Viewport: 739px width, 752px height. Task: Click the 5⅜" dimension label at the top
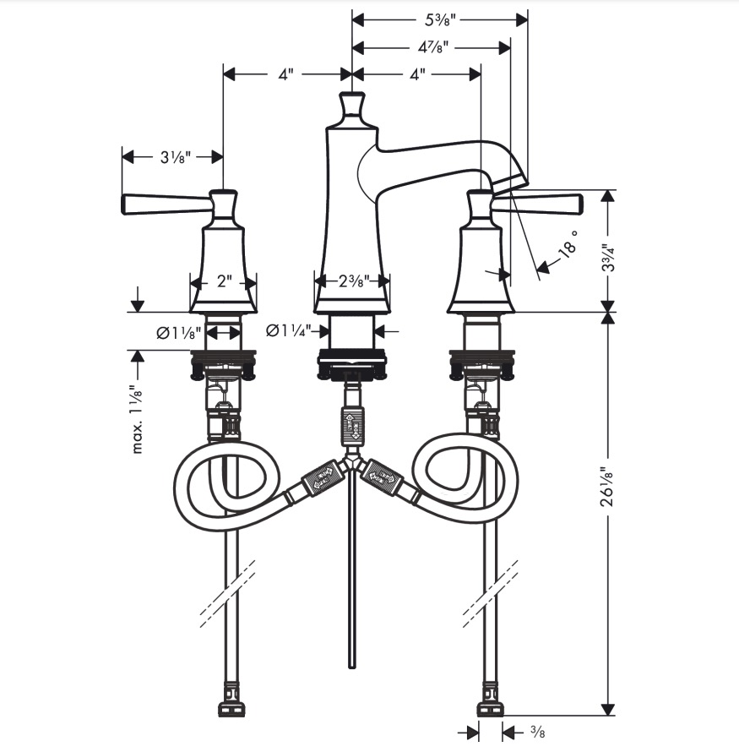(439, 20)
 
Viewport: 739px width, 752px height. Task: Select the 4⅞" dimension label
(432, 47)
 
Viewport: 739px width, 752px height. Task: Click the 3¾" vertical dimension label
(609, 258)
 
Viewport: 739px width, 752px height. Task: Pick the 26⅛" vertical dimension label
(608, 487)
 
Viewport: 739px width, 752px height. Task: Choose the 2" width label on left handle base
(224, 281)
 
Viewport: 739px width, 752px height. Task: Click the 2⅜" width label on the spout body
(353, 281)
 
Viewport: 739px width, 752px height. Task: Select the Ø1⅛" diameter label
(178, 332)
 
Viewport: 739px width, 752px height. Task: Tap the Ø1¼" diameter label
(289, 330)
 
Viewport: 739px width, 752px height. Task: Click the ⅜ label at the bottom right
(537, 733)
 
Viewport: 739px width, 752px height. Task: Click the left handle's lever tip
(126, 204)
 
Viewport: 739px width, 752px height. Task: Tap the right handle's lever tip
(579, 204)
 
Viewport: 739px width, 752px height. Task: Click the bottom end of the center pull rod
(352, 666)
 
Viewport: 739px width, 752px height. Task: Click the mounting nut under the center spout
(352, 363)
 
